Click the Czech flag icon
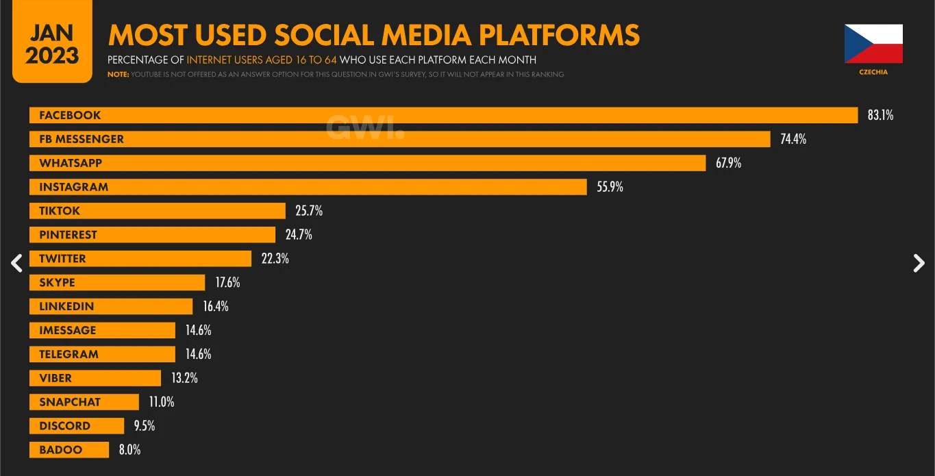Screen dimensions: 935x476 click(x=873, y=44)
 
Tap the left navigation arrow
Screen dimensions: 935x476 click(x=16, y=263)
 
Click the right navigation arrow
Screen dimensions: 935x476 click(x=919, y=263)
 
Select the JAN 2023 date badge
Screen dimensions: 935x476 click(x=52, y=41)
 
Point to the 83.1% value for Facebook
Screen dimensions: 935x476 click(x=880, y=115)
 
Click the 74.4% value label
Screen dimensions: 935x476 click(x=793, y=139)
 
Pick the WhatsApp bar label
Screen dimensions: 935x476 click(x=71, y=163)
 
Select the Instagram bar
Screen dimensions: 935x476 click(x=308, y=187)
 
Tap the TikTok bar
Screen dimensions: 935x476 click(x=158, y=211)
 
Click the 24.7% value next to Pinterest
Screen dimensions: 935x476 click(x=299, y=234)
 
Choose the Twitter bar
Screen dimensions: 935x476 click(x=140, y=259)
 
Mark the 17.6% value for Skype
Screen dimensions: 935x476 click(x=227, y=282)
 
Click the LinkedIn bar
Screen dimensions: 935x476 click(x=111, y=306)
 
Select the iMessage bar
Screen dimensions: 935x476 click(x=102, y=330)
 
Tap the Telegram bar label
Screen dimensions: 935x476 click(x=69, y=354)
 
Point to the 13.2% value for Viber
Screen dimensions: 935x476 click(x=184, y=378)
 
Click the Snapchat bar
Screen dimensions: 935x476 click(x=84, y=402)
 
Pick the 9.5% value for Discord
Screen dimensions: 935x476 click(x=145, y=425)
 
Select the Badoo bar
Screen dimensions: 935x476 click(x=69, y=450)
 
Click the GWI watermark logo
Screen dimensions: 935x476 click(x=365, y=127)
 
